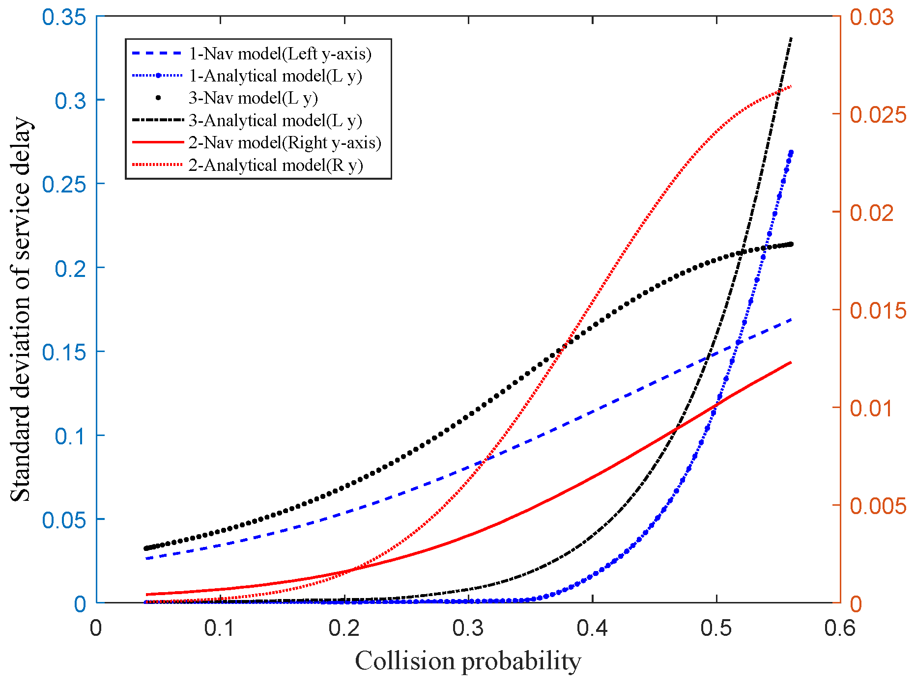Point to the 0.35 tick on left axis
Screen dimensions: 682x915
[64, 17]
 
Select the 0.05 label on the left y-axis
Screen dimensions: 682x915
[64, 520]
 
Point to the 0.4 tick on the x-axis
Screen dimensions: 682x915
[593, 628]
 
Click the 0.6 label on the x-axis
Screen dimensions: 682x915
[840, 628]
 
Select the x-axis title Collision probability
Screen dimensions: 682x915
[468, 661]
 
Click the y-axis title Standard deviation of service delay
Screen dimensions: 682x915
[21, 309]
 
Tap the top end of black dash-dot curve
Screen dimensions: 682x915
[791, 38]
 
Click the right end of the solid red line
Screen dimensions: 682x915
[791, 362]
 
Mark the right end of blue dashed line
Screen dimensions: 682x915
[791, 320]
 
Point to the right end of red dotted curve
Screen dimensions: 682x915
[791, 86]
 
